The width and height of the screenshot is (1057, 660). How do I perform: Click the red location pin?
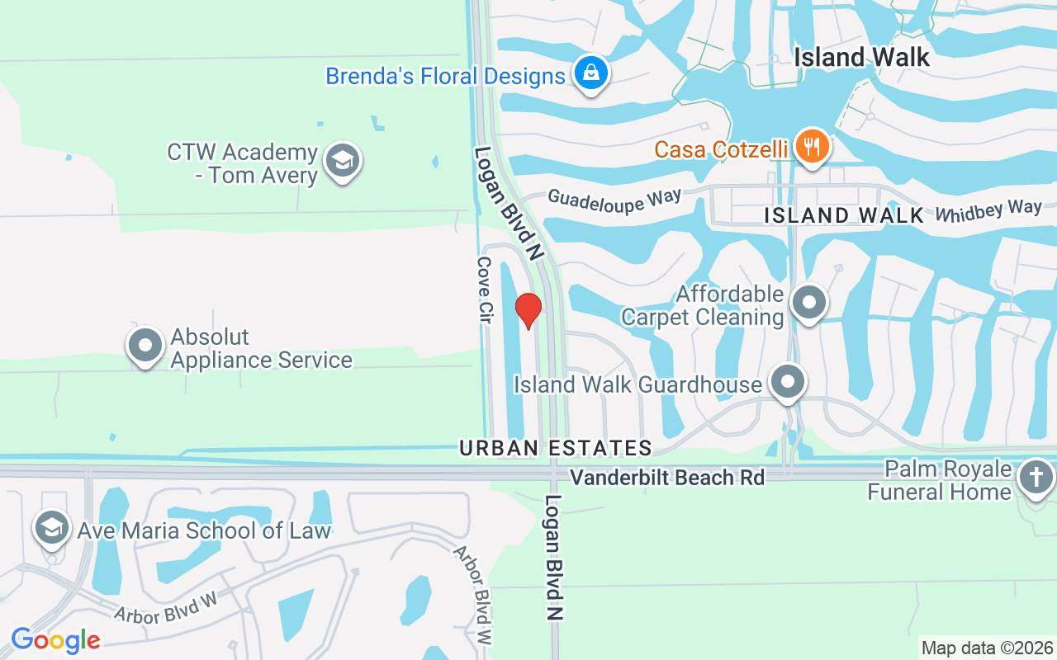point(528,310)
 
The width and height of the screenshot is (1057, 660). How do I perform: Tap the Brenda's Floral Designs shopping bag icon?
point(591,73)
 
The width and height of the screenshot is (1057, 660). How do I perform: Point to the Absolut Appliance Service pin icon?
point(146,346)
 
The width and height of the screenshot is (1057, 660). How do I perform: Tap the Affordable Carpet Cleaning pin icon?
point(809,303)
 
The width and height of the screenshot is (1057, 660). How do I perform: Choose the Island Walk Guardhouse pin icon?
point(788,382)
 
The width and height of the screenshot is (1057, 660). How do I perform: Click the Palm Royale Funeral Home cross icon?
point(1035,478)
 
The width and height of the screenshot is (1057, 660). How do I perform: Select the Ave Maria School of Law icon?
point(53,528)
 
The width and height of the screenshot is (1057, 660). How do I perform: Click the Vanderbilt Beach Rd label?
point(667,478)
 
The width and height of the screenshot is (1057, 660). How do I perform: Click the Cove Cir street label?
point(485,288)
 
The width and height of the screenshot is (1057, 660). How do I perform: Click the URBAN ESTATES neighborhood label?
point(556,448)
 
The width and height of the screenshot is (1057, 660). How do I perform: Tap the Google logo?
point(55,639)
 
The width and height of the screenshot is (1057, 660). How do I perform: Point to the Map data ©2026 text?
point(988,648)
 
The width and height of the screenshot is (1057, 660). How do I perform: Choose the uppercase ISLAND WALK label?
point(843,216)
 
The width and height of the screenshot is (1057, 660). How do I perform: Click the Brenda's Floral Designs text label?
point(445,77)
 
